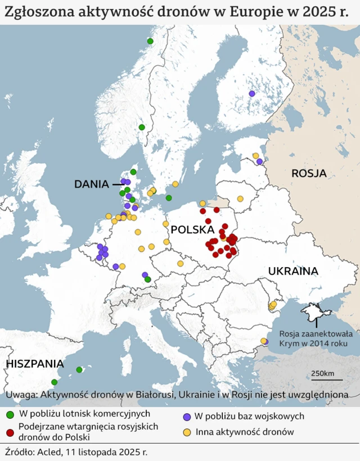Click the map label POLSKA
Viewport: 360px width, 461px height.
192,230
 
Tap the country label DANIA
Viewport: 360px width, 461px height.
92,184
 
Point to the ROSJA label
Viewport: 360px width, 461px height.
309,173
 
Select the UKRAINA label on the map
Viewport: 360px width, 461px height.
293,271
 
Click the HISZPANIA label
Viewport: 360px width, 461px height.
35,364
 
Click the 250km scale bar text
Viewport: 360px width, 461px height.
322,374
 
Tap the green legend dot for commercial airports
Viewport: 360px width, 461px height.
10,415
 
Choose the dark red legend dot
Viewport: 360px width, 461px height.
10,432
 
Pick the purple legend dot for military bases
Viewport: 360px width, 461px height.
186,417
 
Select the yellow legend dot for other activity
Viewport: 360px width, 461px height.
186,432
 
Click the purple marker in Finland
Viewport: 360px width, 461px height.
252,93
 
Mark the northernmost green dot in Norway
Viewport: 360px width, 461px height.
150,41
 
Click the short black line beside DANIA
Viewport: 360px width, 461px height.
118,184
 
